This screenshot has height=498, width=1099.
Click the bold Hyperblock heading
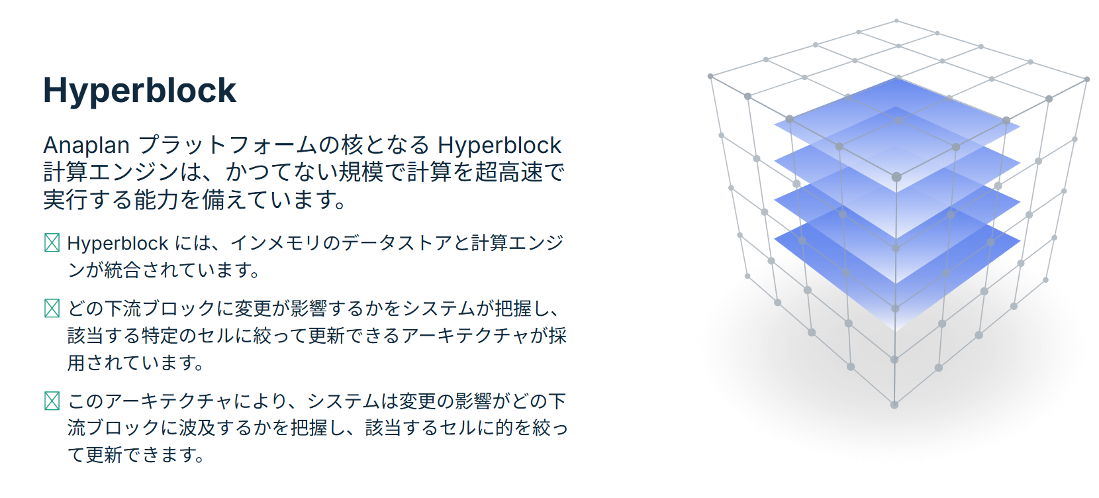click(140, 91)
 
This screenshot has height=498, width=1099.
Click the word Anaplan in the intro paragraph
click(86, 145)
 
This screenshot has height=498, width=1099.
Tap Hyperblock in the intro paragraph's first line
click(499, 145)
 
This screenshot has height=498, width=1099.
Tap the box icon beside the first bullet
click(52, 243)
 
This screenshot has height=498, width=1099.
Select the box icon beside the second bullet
click(52, 308)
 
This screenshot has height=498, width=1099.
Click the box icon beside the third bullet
click(52, 401)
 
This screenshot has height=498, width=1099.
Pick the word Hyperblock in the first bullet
click(118, 243)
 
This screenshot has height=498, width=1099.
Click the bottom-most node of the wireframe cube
click(894, 405)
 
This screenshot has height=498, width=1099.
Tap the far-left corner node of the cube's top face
click(710, 76)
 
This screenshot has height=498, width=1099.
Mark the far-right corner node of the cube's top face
click(1087, 79)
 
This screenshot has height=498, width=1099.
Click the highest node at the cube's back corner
click(896, 21)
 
